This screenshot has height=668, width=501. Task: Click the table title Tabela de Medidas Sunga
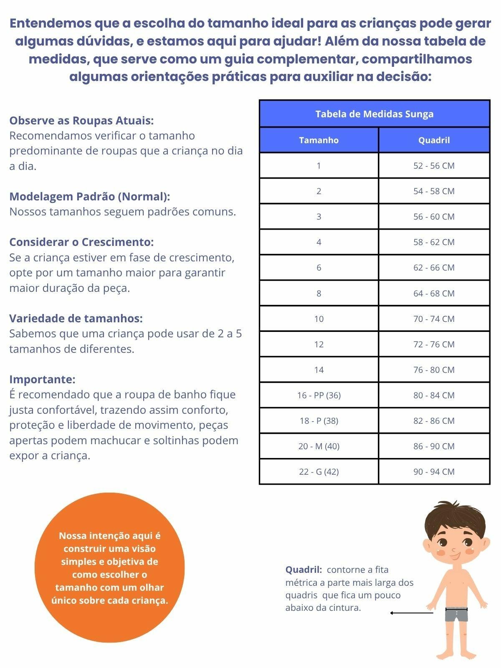[x=374, y=114]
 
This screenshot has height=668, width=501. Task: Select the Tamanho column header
[x=319, y=140]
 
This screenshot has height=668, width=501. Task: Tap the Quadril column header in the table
[x=434, y=140]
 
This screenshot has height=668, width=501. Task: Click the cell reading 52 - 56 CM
[x=434, y=166]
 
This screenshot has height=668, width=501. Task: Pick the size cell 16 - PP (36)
[x=319, y=395]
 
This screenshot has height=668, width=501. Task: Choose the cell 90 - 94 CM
[x=434, y=471]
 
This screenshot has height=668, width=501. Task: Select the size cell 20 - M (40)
[x=319, y=446]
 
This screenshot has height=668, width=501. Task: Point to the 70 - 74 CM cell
[x=434, y=319]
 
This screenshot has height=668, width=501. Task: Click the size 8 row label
[x=319, y=293]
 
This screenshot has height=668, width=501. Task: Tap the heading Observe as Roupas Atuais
[x=81, y=121]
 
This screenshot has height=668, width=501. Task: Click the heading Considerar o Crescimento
[x=81, y=242]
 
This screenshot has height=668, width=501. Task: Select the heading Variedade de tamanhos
[x=76, y=319]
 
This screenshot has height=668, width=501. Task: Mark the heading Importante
[x=42, y=380]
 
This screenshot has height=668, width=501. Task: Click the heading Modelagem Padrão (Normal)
[x=89, y=197]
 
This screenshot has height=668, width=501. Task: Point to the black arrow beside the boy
[x=411, y=613]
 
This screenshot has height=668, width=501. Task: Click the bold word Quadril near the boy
[x=304, y=570]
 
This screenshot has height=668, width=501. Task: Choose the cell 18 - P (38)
[x=319, y=420]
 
